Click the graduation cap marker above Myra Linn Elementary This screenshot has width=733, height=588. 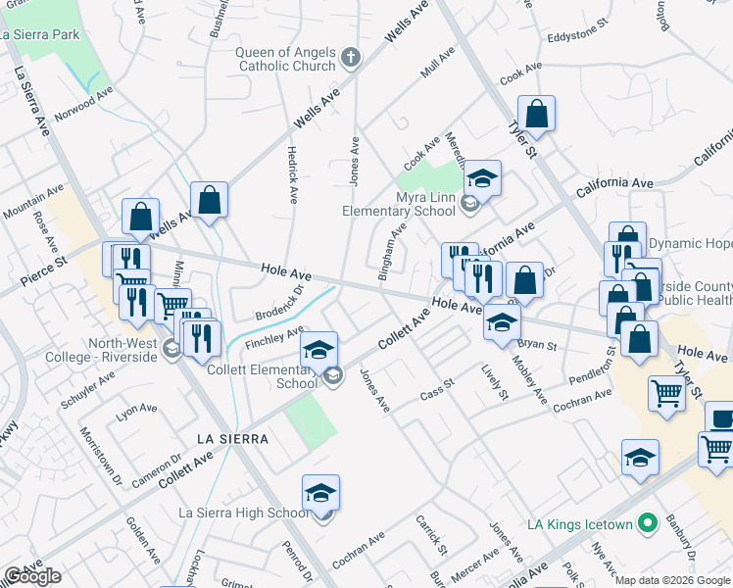point(482,178)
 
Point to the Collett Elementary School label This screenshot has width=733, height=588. point(262,376)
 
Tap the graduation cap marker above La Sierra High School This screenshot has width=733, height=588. point(320,493)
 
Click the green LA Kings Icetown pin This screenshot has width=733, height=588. point(646,524)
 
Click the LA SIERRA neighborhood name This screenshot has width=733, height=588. point(231,439)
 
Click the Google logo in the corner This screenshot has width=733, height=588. point(32,576)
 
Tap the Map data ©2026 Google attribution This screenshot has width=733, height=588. point(672,580)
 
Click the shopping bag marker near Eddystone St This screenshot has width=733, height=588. point(537,114)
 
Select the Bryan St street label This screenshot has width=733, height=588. point(537,345)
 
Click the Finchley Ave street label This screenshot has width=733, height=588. point(275,336)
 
